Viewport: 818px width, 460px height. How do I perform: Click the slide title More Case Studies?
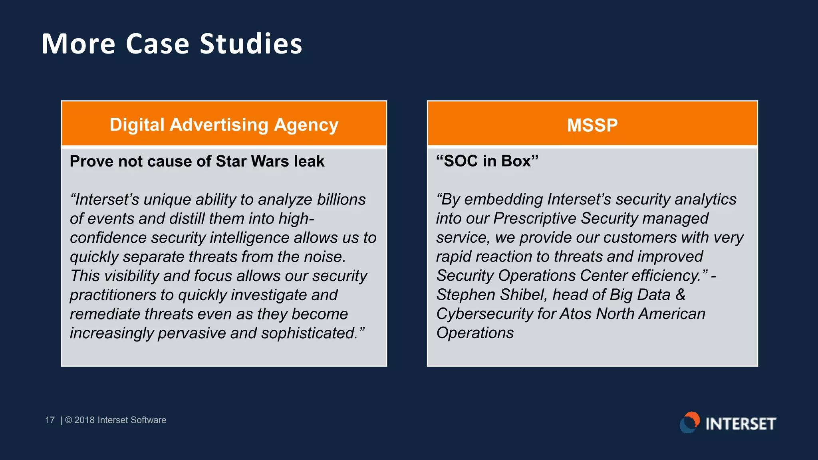coord(172,44)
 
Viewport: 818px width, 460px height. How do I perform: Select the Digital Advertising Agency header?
coord(224,125)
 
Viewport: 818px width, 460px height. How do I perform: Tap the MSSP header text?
coord(592,125)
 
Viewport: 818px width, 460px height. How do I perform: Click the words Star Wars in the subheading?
coord(252,161)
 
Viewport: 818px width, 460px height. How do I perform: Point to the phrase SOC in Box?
coord(487,161)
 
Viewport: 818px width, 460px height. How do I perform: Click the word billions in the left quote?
coord(341,199)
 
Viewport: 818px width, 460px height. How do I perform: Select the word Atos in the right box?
coord(575,314)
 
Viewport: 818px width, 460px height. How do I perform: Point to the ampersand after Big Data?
coord(680,295)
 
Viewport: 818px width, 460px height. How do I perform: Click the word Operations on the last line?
coord(475,333)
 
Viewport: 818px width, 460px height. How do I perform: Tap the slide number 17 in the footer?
coord(50,420)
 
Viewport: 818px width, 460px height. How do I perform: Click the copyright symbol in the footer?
coord(68,420)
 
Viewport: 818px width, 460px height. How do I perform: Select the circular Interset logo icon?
coord(689,423)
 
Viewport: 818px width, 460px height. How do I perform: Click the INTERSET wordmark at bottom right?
coord(741,424)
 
